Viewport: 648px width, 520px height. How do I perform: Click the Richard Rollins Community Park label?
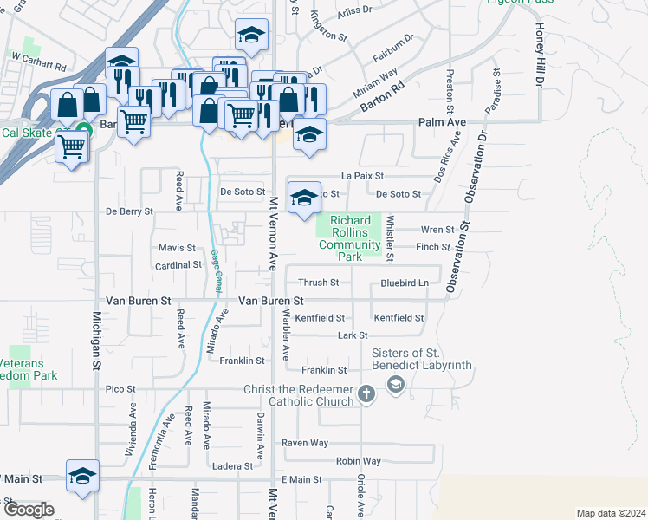(x=350, y=239)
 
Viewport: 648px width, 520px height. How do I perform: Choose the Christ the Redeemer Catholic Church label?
(x=299, y=395)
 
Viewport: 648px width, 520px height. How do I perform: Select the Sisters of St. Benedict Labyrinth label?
(x=422, y=359)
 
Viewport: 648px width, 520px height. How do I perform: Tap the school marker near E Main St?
(x=82, y=475)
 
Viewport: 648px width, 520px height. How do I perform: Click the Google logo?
(x=28, y=510)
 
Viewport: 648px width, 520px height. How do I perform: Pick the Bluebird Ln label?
(x=405, y=283)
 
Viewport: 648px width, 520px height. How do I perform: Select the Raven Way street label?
(x=305, y=443)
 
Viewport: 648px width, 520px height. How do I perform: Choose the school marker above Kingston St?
(x=251, y=36)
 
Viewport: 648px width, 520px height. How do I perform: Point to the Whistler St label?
(x=390, y=238)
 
